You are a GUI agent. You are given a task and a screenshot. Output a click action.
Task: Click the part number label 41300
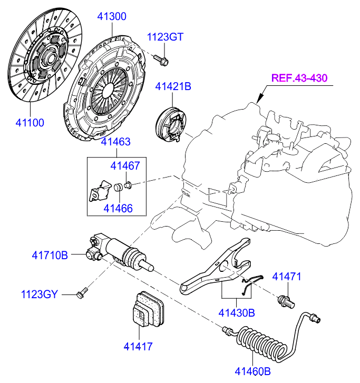pyautogui.click(x=112, y=16)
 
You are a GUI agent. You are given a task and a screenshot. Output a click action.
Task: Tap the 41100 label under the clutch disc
pyautogui.click(x=29, y=123)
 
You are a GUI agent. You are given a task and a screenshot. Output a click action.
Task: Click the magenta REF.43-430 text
pyautogui.click(x=299, y=78)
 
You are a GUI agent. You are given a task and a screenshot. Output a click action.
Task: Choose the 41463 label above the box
pyautogui.click(x=116, y=142)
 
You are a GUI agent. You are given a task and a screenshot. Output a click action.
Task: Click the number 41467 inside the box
pyautogui.click(x=125, y=166)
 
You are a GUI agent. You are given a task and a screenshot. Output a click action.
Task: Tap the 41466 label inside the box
pyautogui.click(x=118, y=209)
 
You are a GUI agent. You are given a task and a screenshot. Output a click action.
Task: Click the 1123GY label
pyautogui.click(x=39, y=293)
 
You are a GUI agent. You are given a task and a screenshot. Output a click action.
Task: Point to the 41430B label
pyautogui.click(x=237, y=313)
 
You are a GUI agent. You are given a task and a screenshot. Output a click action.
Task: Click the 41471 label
pyautogui.click(x=286, y=277)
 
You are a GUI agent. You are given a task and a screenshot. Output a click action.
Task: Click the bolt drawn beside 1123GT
pyautogui.click(x=161, y=60)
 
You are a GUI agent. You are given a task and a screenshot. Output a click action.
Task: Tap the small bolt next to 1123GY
pyautogui.click(x=82, y=291)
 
